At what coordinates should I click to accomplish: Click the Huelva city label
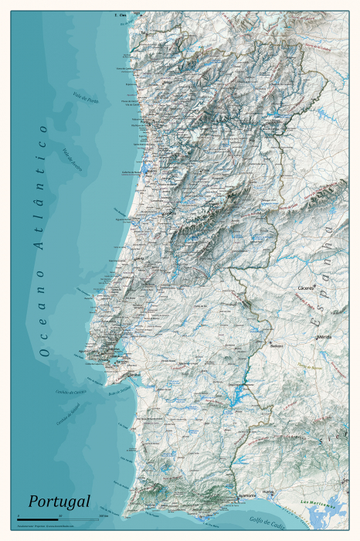[269, 491]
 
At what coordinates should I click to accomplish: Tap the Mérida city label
[324, 337]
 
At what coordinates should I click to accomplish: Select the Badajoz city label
[277, 345]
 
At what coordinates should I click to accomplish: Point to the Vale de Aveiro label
[73, 158]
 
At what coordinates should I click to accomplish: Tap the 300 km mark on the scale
[103, 515]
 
